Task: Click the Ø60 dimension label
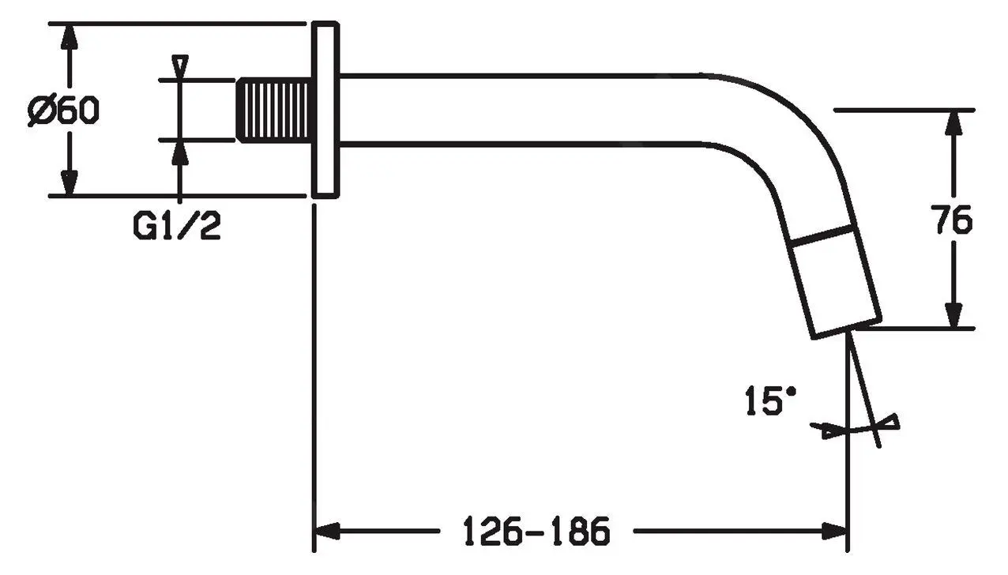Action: point(63,111)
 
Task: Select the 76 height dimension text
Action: point(953,220)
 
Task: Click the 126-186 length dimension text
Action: point(536,532)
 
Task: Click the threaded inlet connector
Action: point(274,110)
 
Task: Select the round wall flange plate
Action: point(325,110)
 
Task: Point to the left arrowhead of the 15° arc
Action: point(825,430)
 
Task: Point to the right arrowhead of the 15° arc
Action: point(890,422)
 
